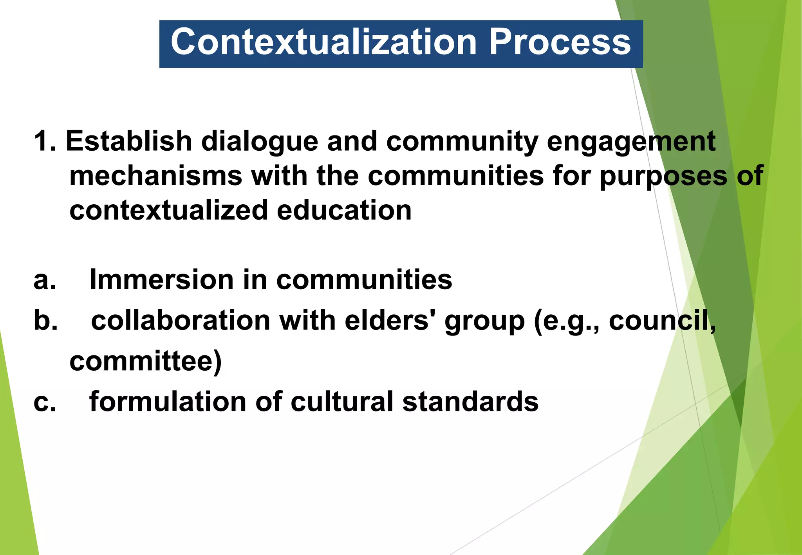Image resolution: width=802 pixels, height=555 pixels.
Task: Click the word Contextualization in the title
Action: pyautogui.click(x=323, y=42)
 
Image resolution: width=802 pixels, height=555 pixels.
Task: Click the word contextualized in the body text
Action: pyautogui.click(x=168, y=211)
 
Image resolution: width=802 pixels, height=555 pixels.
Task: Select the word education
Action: pyautogui.click(x=344, y=211)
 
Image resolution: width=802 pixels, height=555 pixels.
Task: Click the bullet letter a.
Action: pyautogui.click(x=45, y=280)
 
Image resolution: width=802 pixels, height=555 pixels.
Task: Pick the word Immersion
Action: pyautogui.click(x=162, y=279)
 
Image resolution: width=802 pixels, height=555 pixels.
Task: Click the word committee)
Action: pyautogui.click(x=146, y=362)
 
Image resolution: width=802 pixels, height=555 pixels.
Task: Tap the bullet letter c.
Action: pyautogui.click(x=45, y=402)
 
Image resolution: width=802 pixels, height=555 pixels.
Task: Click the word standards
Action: pyautogui.click(x=470, y=402)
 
